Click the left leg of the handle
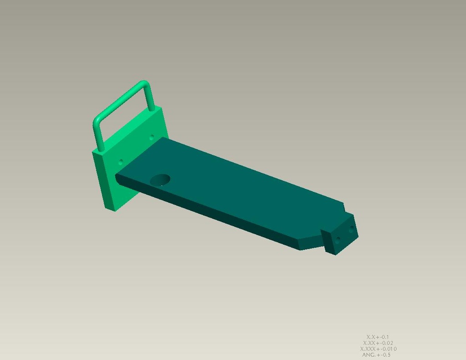(x=98, y=135)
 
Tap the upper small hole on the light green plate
(x=152, y=137)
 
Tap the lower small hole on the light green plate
(x=121, y=162)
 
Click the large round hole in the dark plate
(x=160, y=180)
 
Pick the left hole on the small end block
(x=337, y=240)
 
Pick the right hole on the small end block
(x=351, y=229)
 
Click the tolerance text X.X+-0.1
(x=377, y=337)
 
